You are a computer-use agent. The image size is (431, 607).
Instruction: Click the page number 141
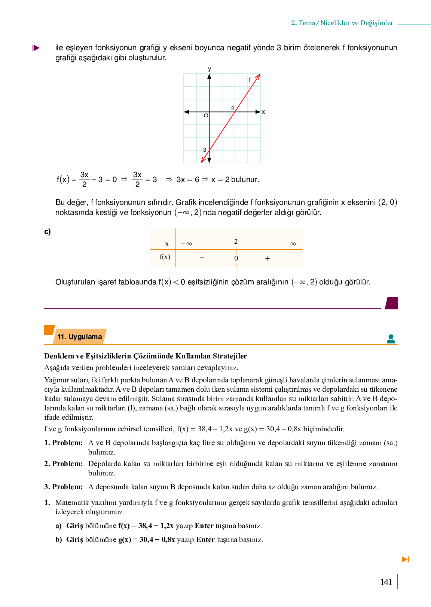click(x=386, y=582)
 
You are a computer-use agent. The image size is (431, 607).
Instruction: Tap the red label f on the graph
click(x=250, y=80)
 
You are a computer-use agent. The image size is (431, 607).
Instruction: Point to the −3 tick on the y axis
click(x=203, y=150)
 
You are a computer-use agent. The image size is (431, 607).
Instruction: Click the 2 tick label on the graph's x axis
click(x=233, y=108)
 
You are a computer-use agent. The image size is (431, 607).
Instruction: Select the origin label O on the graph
click(x=206, y=116)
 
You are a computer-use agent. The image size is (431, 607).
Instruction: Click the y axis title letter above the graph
click(x=210, y=69)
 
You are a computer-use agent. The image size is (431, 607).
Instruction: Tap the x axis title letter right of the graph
click(x=263, y=112)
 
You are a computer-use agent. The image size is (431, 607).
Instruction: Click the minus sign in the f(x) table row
click(x=202, y=257)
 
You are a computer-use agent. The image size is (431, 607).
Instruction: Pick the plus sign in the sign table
click(x=268, y=258)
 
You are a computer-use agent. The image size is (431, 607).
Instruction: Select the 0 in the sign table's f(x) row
click(x=236, y=258)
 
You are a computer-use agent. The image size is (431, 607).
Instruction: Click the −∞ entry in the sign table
click(x=186, y=244)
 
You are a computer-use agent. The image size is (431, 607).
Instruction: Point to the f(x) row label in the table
click(x=165, y=257)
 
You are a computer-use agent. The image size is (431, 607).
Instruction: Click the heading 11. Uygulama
click(x=80, y=337)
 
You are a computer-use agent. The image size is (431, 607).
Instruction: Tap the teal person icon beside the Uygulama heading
click(x=391, y=339)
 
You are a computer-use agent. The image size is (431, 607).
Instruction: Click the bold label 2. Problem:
click(x=64, y=464)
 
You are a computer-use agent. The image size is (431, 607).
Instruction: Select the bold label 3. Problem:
click(x=64, y=487)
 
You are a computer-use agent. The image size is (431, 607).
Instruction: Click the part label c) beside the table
click(x=48, y=232)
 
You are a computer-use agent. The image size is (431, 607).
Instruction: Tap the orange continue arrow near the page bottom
click(x=406, y=559)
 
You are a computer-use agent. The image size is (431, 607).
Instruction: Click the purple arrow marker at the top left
click(x=36, y=48)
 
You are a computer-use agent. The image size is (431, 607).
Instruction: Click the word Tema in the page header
click(x=307, y=23)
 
